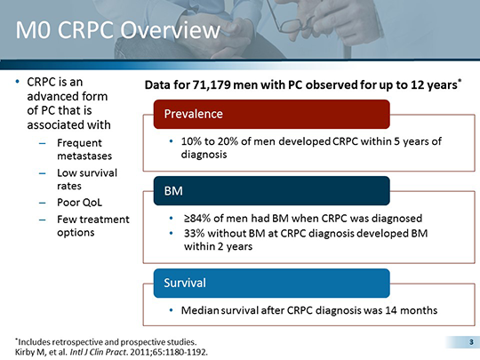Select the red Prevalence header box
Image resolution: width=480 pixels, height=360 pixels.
(x=271, y=114)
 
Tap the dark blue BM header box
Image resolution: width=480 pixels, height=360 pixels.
(x=271, y=190)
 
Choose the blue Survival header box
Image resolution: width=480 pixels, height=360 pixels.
(x=271, y=283)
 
